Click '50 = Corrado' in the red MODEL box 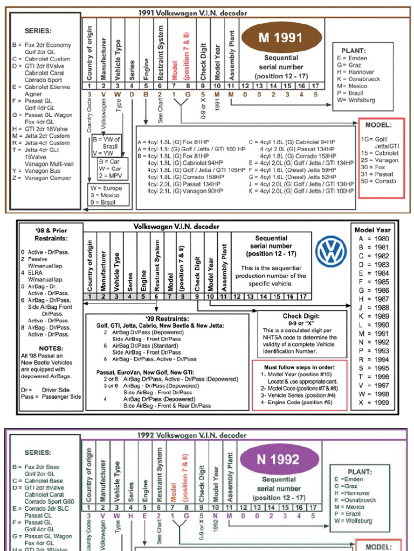point(379,181)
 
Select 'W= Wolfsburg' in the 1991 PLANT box point(356,100)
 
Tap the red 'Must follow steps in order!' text point(300,367)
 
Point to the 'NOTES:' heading point(51,348)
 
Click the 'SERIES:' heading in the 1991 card point(38,31)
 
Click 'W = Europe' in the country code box point(110,189)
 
